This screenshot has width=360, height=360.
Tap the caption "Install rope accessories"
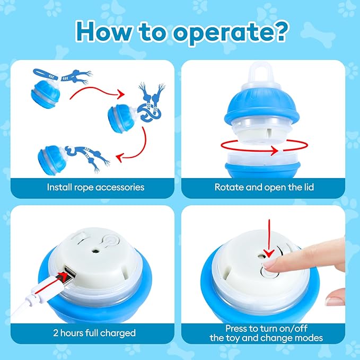click(x=95, y=187)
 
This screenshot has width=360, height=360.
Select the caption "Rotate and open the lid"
click(x=264, y=187)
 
